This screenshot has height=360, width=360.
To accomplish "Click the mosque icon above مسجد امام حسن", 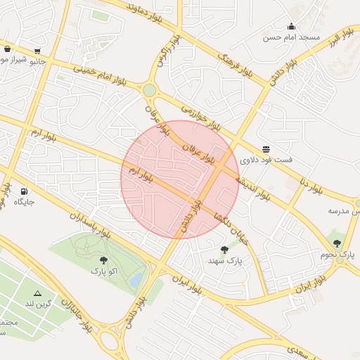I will coord(291,26).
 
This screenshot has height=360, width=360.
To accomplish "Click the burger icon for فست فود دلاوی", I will coord(266,149).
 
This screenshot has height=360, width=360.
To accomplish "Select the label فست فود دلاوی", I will coord(266,160).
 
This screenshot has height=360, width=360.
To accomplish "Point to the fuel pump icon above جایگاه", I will coord(25,191).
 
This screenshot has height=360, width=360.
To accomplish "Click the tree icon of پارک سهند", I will coord(224,250).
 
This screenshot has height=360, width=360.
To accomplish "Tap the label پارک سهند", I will coord(224,261).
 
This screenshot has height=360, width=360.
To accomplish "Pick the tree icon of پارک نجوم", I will coord(337,243).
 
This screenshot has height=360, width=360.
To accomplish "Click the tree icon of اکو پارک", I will coord(103,259).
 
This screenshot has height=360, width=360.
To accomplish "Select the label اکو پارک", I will coord(103,270).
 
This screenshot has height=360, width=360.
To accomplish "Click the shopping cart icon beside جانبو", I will coord(37,51).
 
